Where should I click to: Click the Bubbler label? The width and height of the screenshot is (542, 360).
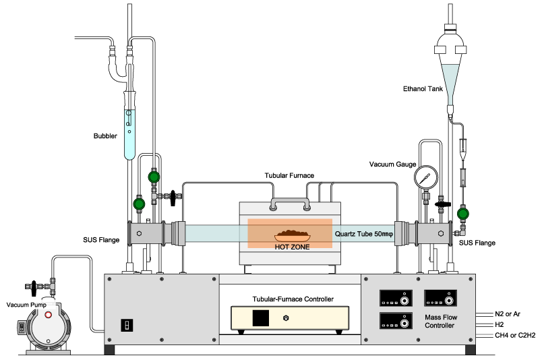click(x=105, y=136)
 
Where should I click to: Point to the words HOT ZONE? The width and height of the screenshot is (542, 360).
click(x=292, y=247)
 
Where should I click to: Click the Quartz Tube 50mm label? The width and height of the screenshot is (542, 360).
click(x=363, y=235)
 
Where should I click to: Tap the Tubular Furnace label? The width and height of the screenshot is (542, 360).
click(x=289, y=175)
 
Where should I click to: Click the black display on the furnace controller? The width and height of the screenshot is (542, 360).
click(x=261, y=318)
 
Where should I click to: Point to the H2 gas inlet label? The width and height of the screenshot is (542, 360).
click(x=500, y=324)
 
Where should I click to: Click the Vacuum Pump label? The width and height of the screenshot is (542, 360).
click(x=24, y=305)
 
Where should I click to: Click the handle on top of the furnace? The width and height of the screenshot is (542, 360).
click(x=289, y=201)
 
